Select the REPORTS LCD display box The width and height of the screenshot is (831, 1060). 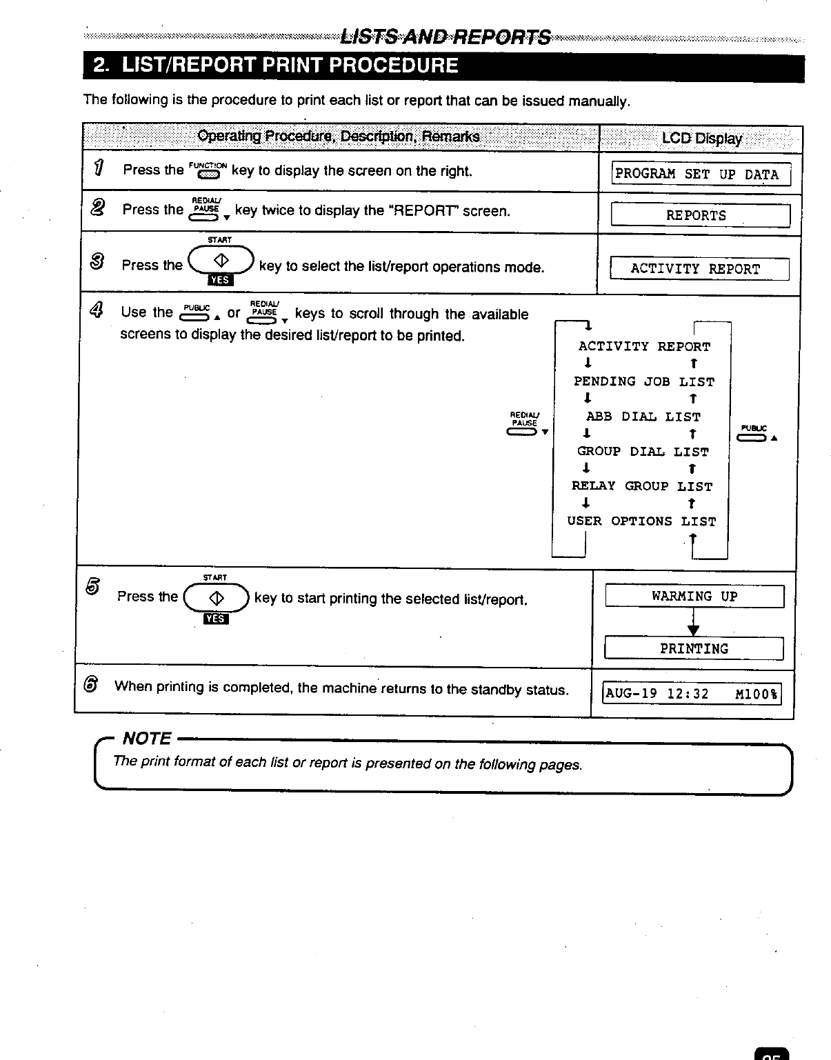700,215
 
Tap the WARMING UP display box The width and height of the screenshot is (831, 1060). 694,596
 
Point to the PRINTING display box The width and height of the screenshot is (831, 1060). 694,648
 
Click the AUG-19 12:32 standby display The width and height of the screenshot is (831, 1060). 692,694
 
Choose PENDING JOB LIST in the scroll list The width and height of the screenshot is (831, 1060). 644,381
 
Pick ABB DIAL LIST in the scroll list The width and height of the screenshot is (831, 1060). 643,417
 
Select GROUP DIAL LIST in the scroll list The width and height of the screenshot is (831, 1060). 643,452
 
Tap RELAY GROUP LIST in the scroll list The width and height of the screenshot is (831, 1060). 642,486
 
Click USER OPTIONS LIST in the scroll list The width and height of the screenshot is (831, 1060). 641,521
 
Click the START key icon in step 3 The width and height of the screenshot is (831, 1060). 221,262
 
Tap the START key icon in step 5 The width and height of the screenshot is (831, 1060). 217,597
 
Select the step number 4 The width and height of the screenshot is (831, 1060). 96,311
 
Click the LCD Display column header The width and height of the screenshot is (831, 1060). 701,139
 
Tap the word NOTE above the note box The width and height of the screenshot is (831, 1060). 146,739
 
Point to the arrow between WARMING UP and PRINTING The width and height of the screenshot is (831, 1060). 694,623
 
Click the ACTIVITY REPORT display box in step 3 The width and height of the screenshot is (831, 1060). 699,269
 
